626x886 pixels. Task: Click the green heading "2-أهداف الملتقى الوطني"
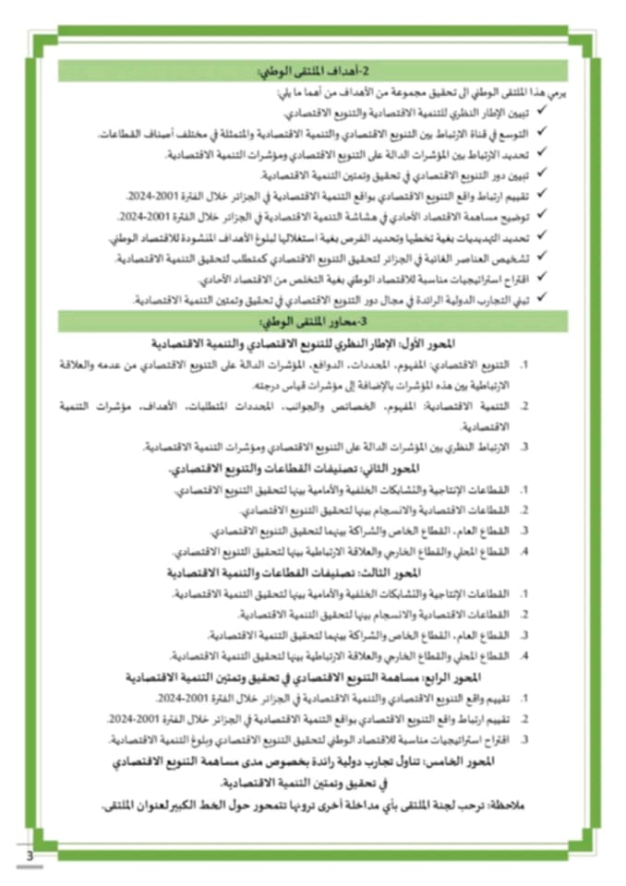coord(316,71)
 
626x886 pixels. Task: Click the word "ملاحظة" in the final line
coord(510,805)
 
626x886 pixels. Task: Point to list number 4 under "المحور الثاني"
coord(524,552)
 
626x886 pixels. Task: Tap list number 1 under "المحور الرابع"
coord(524,699)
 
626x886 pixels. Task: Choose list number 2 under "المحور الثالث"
coord(524,614)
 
